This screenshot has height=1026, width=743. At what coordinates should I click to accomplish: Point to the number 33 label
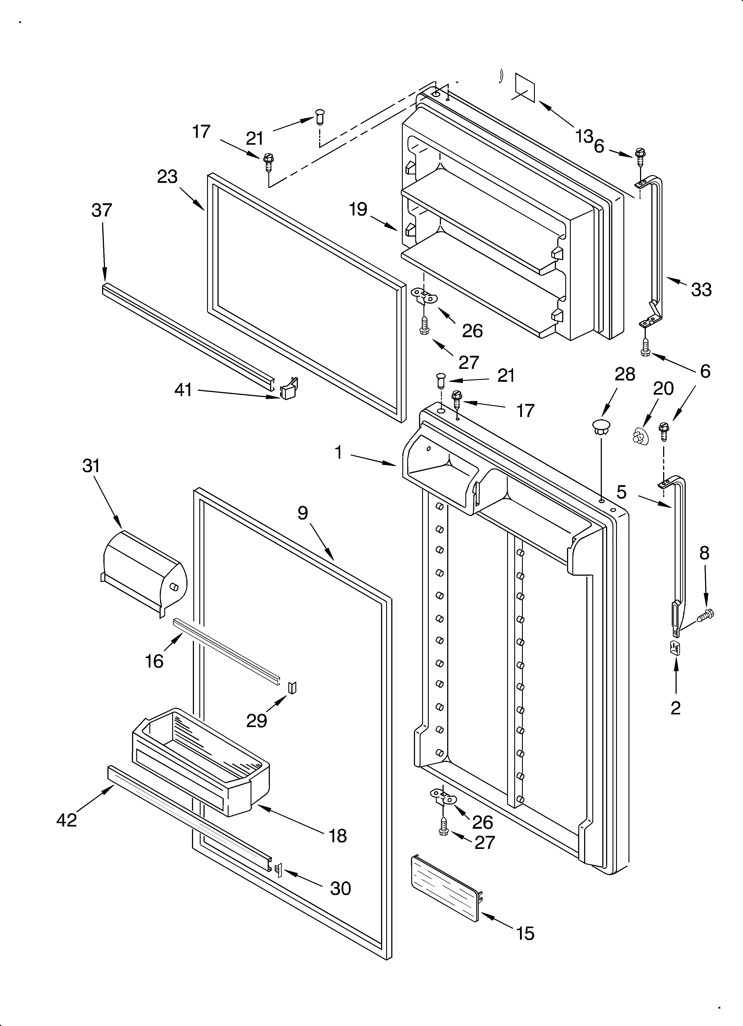701,290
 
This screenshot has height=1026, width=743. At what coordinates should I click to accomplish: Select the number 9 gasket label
303,512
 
